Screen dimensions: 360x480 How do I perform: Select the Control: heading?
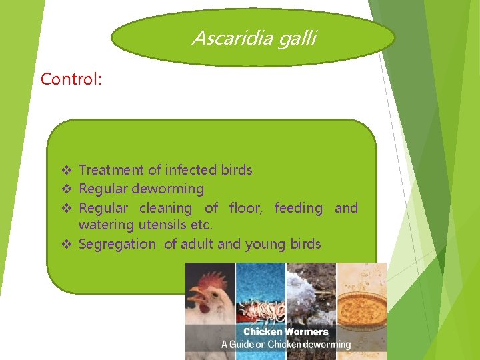[71, 79]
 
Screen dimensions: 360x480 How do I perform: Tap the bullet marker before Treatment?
[65, 171]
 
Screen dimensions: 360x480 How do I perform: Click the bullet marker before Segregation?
[65, 245]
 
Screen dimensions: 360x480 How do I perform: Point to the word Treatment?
[111, 170]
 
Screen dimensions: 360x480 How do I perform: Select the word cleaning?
[165, 208]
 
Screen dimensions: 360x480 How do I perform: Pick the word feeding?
[298, 208]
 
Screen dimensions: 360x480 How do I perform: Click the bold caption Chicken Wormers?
[285, 332]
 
